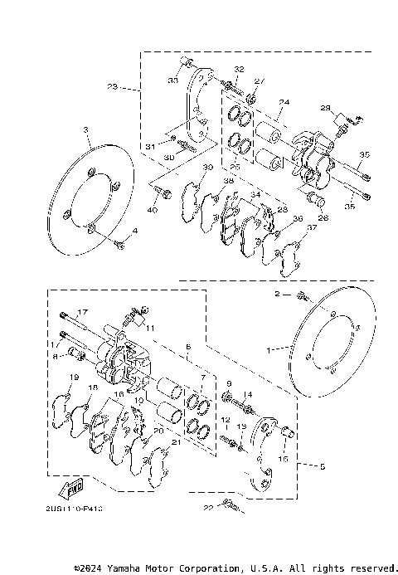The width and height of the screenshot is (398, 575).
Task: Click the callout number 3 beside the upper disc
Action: click(85, 130)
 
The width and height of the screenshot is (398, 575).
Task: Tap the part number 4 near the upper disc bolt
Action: click(135, 231)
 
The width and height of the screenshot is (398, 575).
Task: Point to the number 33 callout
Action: click(173, 80)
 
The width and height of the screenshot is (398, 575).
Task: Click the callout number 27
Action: click(258, 80)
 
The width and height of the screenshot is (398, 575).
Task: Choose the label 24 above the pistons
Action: click(284, 103)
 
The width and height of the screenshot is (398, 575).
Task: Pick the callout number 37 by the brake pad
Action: click(311, 228)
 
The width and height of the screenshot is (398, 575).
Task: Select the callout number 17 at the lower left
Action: click(82, 311)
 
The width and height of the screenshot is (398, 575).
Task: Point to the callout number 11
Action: click(151, 329)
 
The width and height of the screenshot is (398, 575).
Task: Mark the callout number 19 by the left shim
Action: click(73, 378)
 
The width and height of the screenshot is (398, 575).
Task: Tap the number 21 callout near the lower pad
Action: click(175, 444)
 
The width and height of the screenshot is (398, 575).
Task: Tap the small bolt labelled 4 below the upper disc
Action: click(121, 244)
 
